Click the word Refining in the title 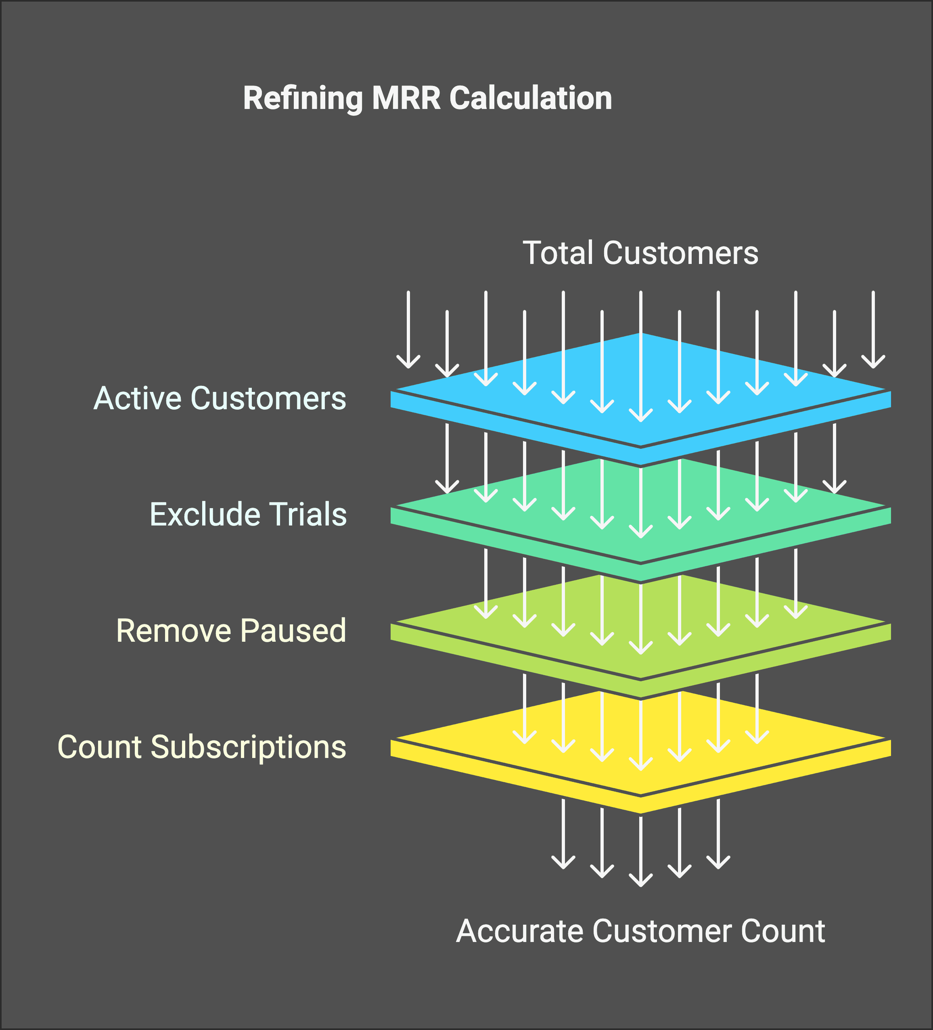pyautogui.click(x=303, y=98)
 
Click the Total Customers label pyautogui.click(x=640, y=253)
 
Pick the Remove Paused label pyautogui.click(x=232, y=630)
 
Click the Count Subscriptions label pyautogui.click(x=202, y=747)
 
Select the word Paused pyautogui.click(x=293, y=630)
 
